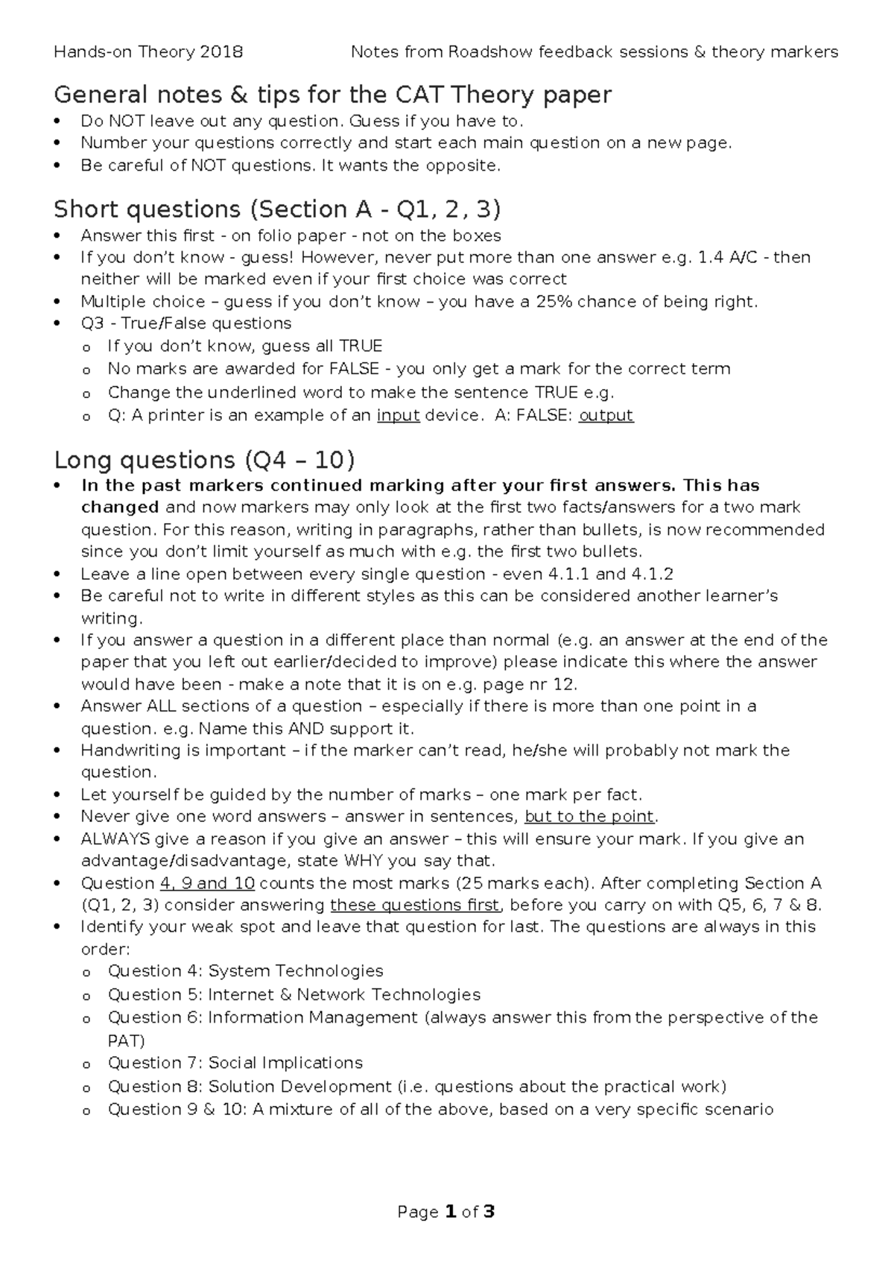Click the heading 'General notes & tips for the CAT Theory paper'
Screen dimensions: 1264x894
[332, 95]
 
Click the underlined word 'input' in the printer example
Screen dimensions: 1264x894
[399, 415]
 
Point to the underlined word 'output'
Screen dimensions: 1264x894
[606, 415]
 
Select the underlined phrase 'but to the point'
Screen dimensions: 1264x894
[590, 816]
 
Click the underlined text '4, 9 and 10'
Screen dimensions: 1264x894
[207, 883]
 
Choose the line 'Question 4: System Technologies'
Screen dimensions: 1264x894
[245, 971]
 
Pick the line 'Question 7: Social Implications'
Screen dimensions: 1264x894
[235, 1063]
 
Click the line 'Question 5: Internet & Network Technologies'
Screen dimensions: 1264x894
[294, 995]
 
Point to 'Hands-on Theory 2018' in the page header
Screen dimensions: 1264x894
[148, 52]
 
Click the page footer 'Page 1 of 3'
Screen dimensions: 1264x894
[446, 1213]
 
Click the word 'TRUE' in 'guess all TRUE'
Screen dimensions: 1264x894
[361, 347]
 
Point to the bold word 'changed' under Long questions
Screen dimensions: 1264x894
[119, 508]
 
